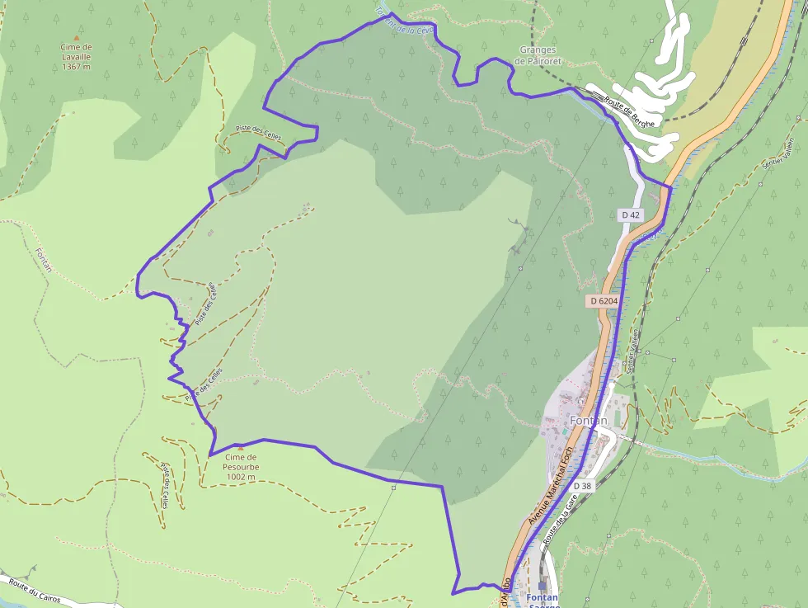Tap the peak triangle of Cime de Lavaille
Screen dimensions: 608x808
pyautogui.click(x=77, y=37)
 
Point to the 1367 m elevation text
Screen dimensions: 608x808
pyautogui.click(x=76, y=66)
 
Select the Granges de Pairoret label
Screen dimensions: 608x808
pyautogui.click(x=538, y=54)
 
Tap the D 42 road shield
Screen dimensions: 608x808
pyautogui.click(x=631, y=214)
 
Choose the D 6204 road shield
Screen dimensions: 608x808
pyautogui.click(x=603, y=301)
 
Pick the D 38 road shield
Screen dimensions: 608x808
pyautogui.click(x=583, y=486)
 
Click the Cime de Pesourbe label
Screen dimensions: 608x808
pyautogui.click(x=241, y=458)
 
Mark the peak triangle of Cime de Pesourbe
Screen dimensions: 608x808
pyautogui.click(x=241, y=447)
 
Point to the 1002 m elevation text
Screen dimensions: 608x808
pyautogui.click(x=241, y=477)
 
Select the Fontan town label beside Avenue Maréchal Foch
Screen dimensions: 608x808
pyautogui.click(x=589, y=421)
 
